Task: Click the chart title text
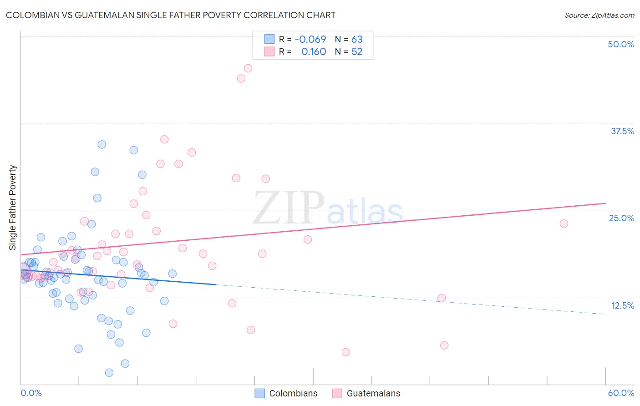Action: [x=170, y=15]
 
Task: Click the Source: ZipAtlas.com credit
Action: [x=599, y=15]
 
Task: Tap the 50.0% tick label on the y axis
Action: [x=621, y=44]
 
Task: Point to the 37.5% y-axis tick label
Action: [x=622, y=131]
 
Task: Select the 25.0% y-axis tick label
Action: [x=621, y=218]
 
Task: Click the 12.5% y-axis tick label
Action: [x=622, y=305]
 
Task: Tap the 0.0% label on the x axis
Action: [x=31, y=393]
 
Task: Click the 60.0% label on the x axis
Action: [x=621, y=393]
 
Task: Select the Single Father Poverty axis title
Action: [x=13, y=208]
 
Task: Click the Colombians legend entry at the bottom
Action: [x=293, y=393]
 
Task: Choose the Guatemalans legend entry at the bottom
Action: [x=373, y=393]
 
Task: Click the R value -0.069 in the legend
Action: [x=310, y=40]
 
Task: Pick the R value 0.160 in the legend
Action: [x=314, y=52]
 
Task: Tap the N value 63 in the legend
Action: [x=357, y=40]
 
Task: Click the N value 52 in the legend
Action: [x=357, y=52]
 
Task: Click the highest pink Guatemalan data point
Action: [x=248, y=68]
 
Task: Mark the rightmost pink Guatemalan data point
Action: [x=564, y=223]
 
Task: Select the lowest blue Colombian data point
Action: [x=109, y=373]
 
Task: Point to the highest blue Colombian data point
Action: [x=102, y=144]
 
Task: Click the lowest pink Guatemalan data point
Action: [x=346, y=352]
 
